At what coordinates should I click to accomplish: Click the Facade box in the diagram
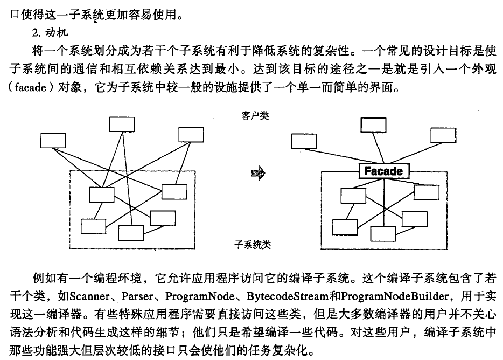(382, 171)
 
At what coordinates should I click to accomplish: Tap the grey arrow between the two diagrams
(259, 173)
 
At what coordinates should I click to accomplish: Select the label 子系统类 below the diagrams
(253, 245)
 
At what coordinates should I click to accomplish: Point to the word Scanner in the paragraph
(89, 296)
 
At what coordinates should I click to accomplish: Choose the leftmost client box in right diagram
(305, 140)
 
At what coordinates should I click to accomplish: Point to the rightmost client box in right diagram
(444, 136)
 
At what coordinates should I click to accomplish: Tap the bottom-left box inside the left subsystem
(93, 226)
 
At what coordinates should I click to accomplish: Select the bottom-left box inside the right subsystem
(345, 227)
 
